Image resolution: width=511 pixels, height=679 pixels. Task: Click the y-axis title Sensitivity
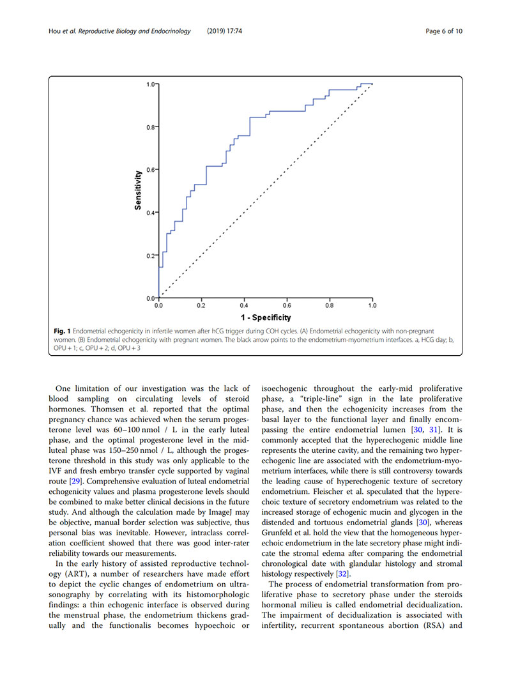pos(138,190)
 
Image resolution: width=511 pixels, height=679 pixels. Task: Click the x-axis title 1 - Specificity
pos(265,317)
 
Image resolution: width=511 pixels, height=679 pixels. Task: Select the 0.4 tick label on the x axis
pos(244,306)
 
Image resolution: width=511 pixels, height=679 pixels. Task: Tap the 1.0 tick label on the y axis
pos(150,84)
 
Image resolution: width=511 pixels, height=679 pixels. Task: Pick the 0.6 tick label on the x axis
pos(287,306)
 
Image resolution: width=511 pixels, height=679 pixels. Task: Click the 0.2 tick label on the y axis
pos(150,256)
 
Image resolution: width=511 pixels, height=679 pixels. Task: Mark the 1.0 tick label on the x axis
pos(372,306)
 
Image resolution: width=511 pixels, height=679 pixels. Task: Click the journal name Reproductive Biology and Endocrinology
pos(133,31)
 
